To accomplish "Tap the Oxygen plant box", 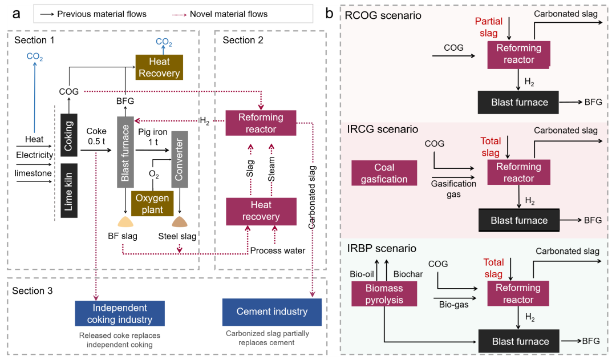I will pyautogui.click(x=153, y=204).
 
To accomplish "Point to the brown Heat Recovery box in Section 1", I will pyautogui.click(x=159, y=67).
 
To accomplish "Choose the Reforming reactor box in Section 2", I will pyautogui.click(x=261, y=123).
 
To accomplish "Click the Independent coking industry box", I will pyautogui.click(x=120, y=314).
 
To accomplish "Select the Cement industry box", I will pyautogui.click(x=272, y=312).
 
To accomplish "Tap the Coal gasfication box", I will pyautogui.click(x=384, y=173).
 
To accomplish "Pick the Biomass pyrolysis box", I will pyautogui.click(x=384, y=294).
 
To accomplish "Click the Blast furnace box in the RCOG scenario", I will pyautogui.click(x=519, y=103).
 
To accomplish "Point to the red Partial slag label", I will pyautogui.click(x=489, y=27).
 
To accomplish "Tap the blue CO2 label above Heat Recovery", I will pyautogui.click(x=164, y=43).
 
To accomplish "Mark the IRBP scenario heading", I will pyautogui.click(x=382, y=249).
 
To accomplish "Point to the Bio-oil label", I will pyautogui.click(x=362, y=274).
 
